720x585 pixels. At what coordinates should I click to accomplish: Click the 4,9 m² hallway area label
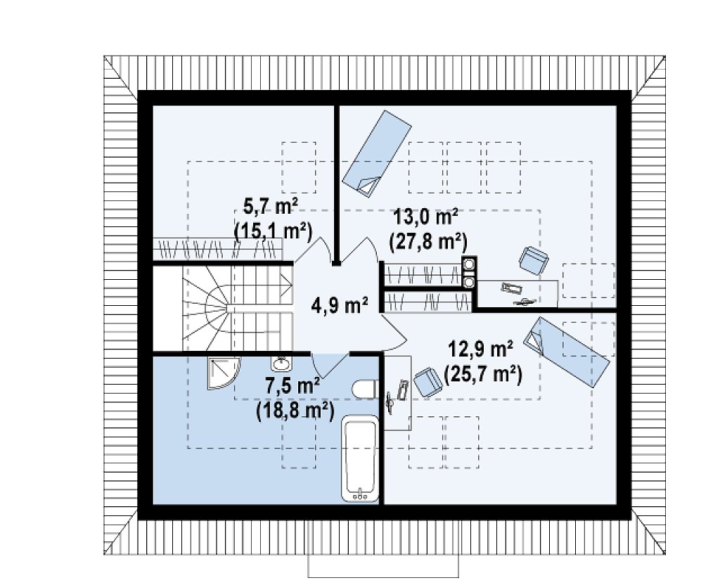pyautogui.click(x=340, y=305)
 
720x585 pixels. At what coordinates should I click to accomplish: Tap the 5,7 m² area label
pyautogui.click(x=270, y=207)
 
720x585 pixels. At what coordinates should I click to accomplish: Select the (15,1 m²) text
pyautogui.click(x=274, y=231)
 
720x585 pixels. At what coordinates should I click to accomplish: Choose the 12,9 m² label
pyautogui.click(x=480, y=350)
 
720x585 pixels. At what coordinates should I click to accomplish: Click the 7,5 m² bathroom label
pyautogui.click(x=292, y=386)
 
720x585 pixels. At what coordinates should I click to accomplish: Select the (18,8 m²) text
pyautogui.click(x=295, y=410)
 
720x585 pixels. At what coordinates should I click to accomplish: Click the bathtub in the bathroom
pyautogui.click(x=361, y=458)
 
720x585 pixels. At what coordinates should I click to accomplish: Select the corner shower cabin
pyautogui.click(x=223, y=373)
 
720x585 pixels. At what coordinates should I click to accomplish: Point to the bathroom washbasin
pyautogui.click(x=281, y=364)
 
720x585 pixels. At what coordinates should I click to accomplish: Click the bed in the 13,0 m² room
pyautogui.click(x=377, y=154)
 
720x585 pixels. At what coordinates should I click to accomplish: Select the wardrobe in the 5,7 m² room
pyautogui.click(x=217, y=250)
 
